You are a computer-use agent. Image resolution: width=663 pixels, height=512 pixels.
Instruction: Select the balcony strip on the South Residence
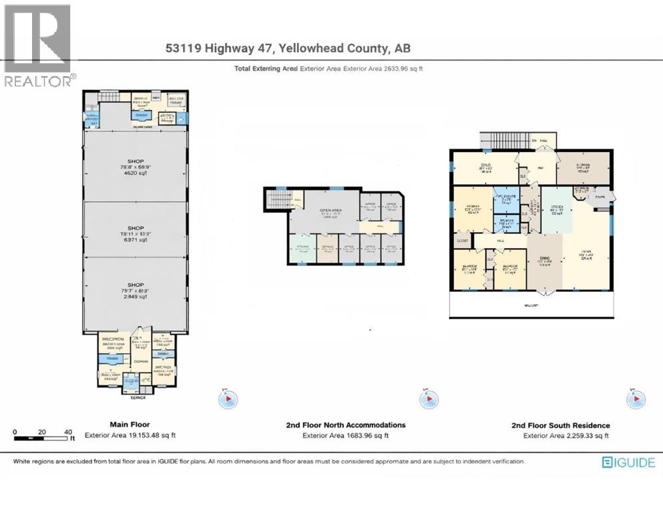point(530,305)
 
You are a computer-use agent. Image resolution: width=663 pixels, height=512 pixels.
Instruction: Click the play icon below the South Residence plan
point(635,399)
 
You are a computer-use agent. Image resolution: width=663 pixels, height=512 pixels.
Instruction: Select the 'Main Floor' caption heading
point(130,424)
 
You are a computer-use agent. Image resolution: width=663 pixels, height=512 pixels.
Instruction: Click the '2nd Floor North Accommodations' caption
point(345,425)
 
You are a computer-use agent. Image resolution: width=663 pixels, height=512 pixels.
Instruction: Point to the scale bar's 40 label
point(68,432)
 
